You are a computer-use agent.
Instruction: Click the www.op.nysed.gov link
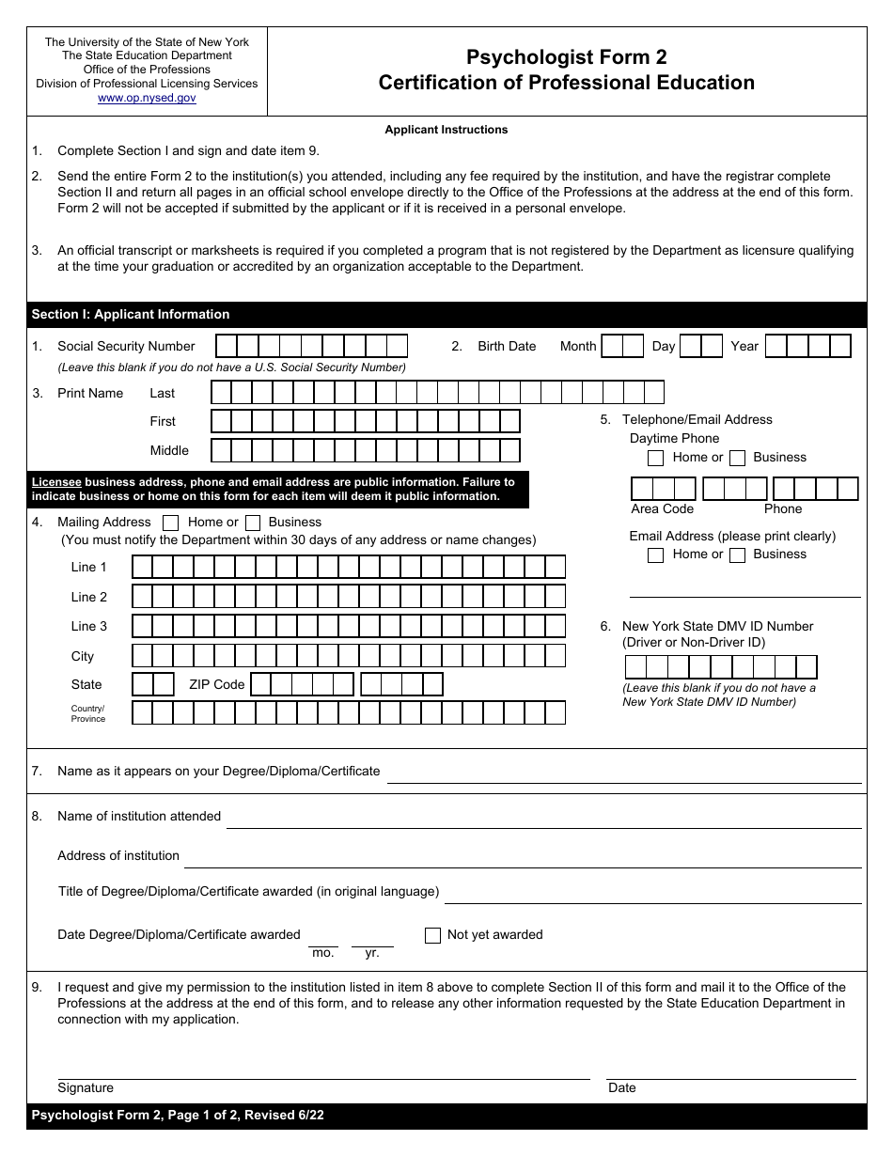point(147,98)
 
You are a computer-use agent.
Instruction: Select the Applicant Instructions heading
point(446,130)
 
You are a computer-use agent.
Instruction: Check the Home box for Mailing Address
point(171,523)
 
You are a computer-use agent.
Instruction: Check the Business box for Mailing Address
point(253,523)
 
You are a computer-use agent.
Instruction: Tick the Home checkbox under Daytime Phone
point(656,458)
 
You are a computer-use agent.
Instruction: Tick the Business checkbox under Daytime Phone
point(738,458)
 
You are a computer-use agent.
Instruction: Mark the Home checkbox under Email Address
point(656,555)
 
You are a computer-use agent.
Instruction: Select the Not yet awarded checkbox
point(432,935)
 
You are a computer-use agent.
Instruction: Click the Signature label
point(86,1087)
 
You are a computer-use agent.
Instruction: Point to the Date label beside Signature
point(622,1087)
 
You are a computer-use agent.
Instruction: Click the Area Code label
point(662,508)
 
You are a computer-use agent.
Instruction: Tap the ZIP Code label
point(216,684)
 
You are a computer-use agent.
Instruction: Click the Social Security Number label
point(126,346)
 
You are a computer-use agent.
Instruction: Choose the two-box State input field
point(152,684)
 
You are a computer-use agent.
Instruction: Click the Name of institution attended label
point(139,816)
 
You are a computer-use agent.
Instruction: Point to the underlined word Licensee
point(56,481)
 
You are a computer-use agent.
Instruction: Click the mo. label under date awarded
point(322,952)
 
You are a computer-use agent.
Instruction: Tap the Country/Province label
point(88,713)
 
